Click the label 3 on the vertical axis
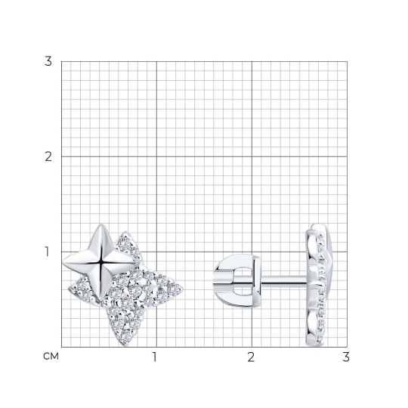click(48, 61)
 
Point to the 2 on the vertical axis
click(48, 156)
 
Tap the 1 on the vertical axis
click(47, 252)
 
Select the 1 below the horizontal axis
click(155, 357)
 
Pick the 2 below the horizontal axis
click(251, 357)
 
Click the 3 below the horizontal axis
click(346, 357)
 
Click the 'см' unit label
click(51, 356)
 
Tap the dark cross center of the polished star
click(100, 263)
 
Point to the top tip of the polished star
click(101, 224)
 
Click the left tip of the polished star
click(63, 263)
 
